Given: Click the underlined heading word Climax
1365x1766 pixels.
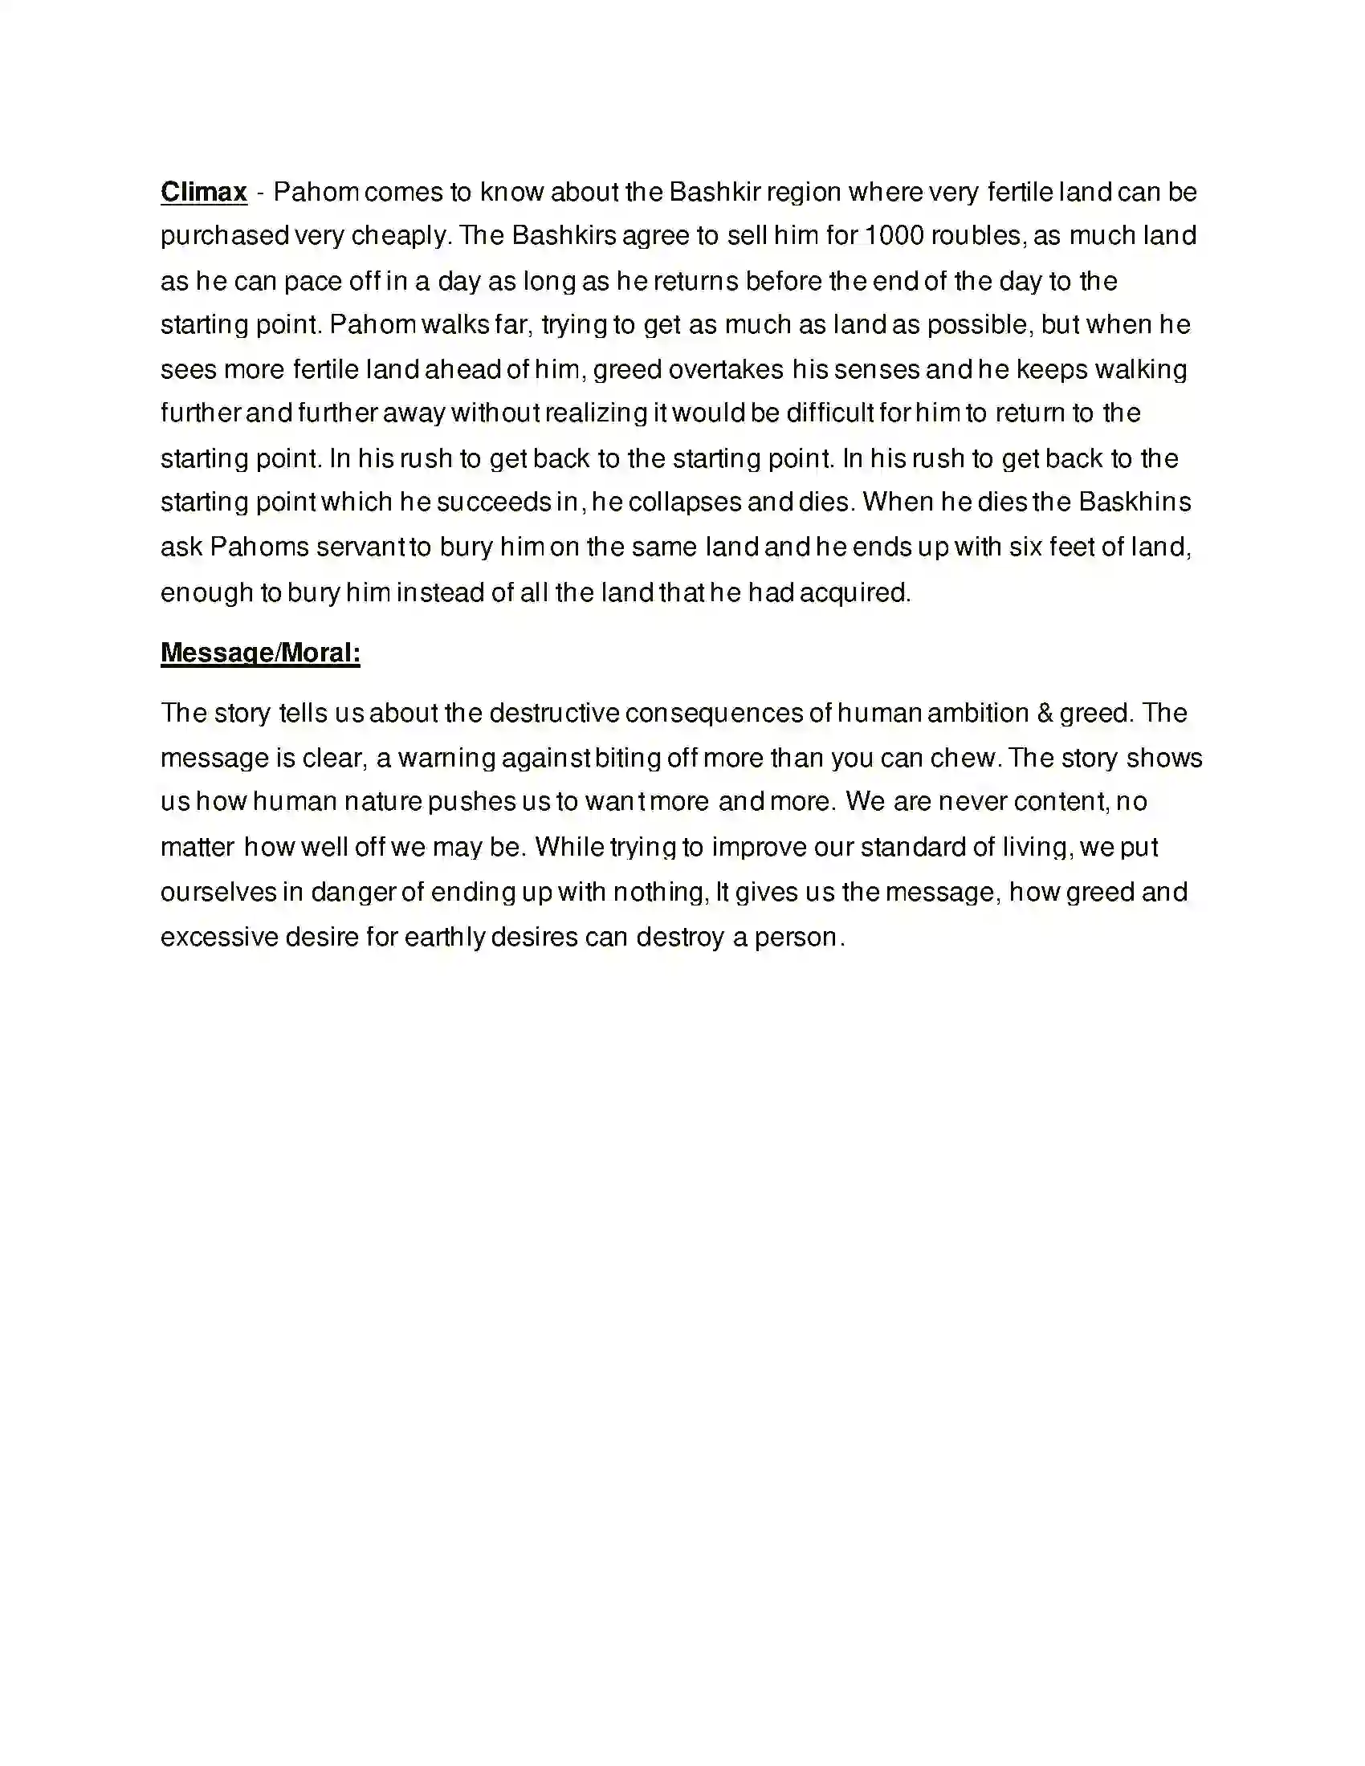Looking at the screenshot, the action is pyautogui.click(x=204, y=193).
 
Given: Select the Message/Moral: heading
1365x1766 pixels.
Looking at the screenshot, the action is pyautogui.click(x=260, y=653).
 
